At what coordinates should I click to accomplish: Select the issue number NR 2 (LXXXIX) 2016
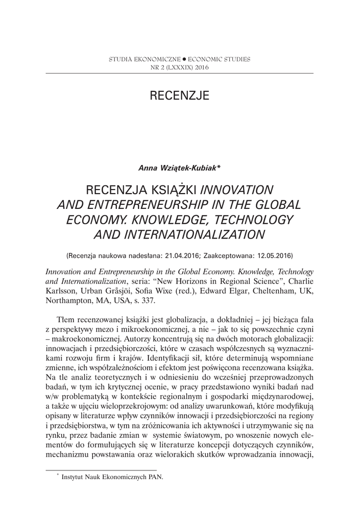tap(179, 67)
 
